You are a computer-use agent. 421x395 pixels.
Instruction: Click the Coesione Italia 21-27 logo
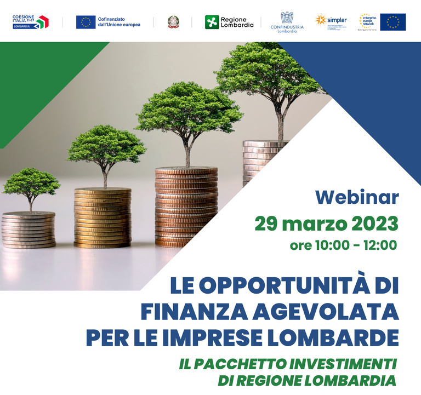[31, 22]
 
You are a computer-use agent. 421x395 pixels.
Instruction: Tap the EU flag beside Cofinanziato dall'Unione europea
[86, 22]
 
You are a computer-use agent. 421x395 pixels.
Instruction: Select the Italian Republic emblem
[173, 22]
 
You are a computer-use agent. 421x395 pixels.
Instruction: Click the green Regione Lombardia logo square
[212, 22]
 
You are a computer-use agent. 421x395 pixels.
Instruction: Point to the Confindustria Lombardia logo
[287, 22]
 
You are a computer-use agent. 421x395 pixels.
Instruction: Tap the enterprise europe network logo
[368, 21]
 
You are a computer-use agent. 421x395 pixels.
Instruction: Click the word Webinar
[357, 197]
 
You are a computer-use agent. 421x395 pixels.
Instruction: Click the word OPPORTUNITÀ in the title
[278, 285]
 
